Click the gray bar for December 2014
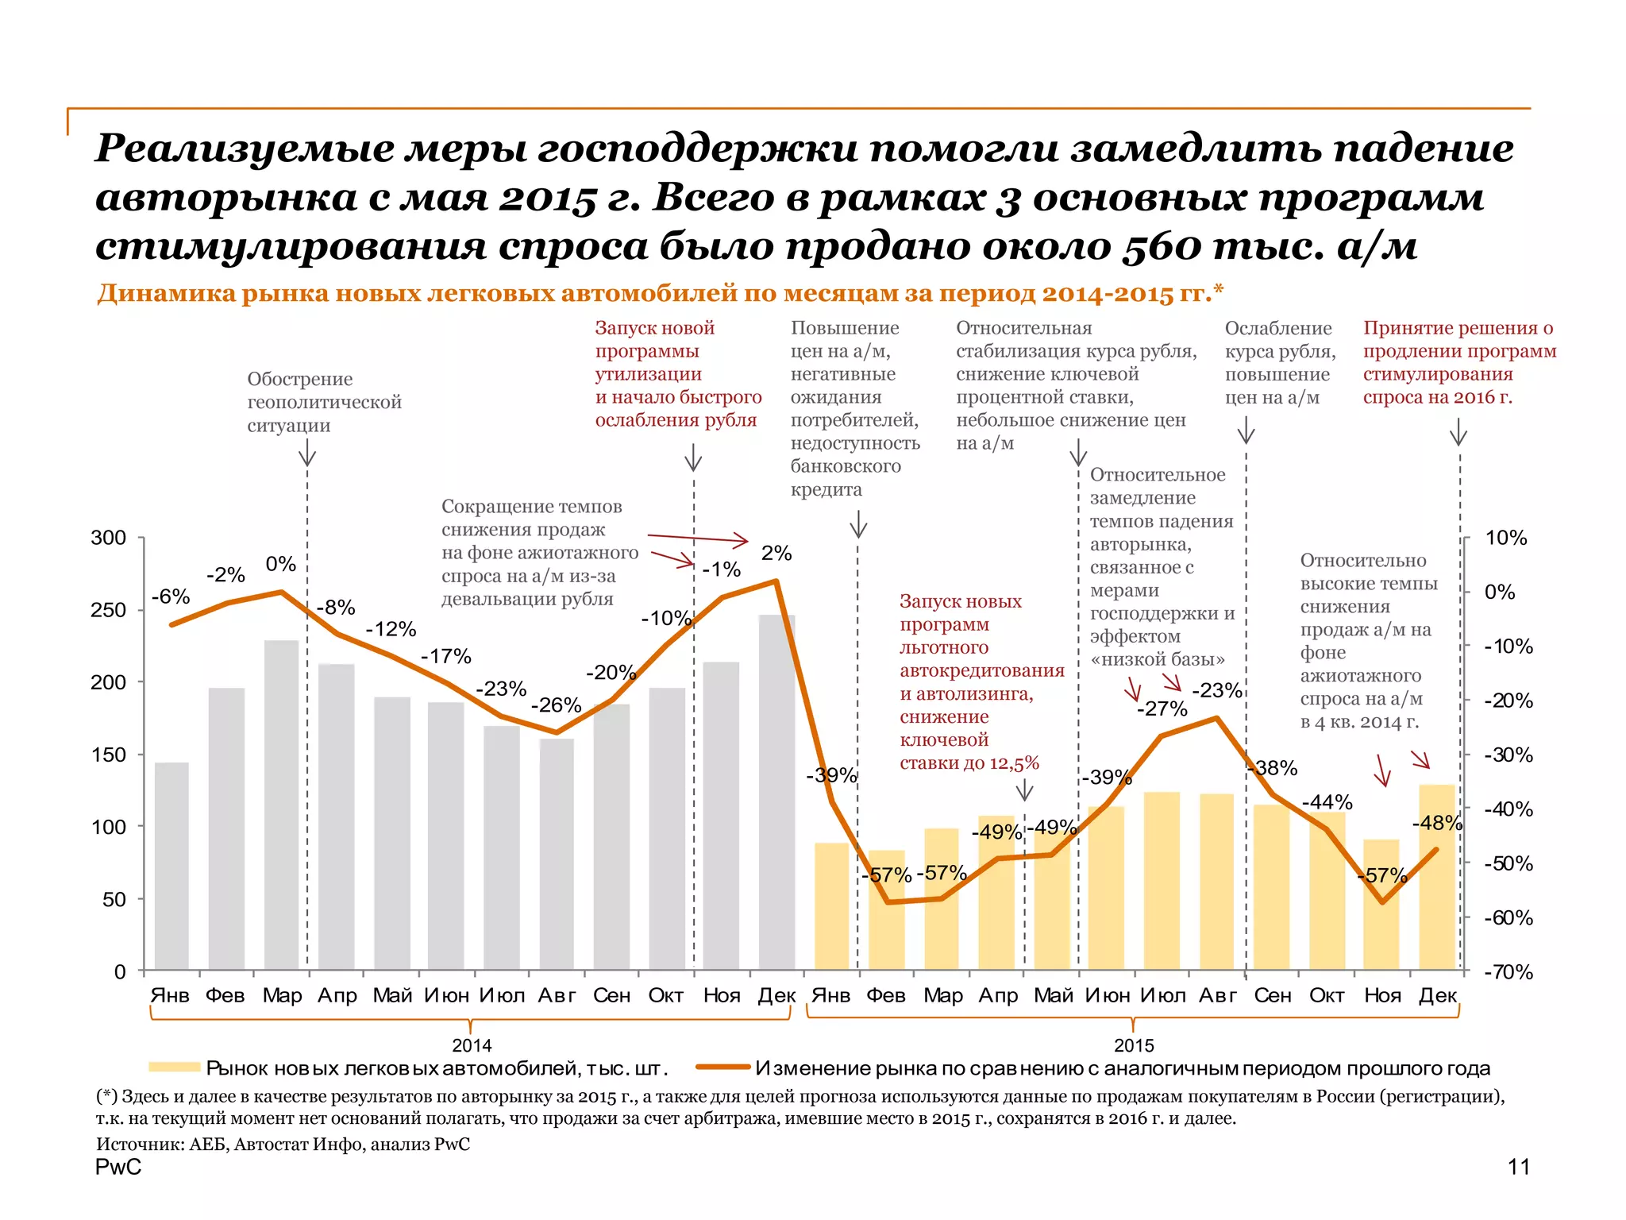click(776, 794)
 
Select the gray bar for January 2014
click(171, 866)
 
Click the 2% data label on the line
click(776, 554)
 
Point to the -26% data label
click(556, 705)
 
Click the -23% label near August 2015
click(1216, 690)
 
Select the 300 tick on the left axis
click(109, 538)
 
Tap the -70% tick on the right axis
click(1508, 972)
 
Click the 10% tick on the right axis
click(1505, 538)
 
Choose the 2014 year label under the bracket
click(472, 1045)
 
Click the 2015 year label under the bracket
click(1133, 1045)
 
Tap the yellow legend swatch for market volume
click(174, 1067)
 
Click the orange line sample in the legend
click(722, 1067)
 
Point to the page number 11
click(1518, 1167)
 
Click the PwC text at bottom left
click(118, 1167)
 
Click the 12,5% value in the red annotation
click(1014, 763)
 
